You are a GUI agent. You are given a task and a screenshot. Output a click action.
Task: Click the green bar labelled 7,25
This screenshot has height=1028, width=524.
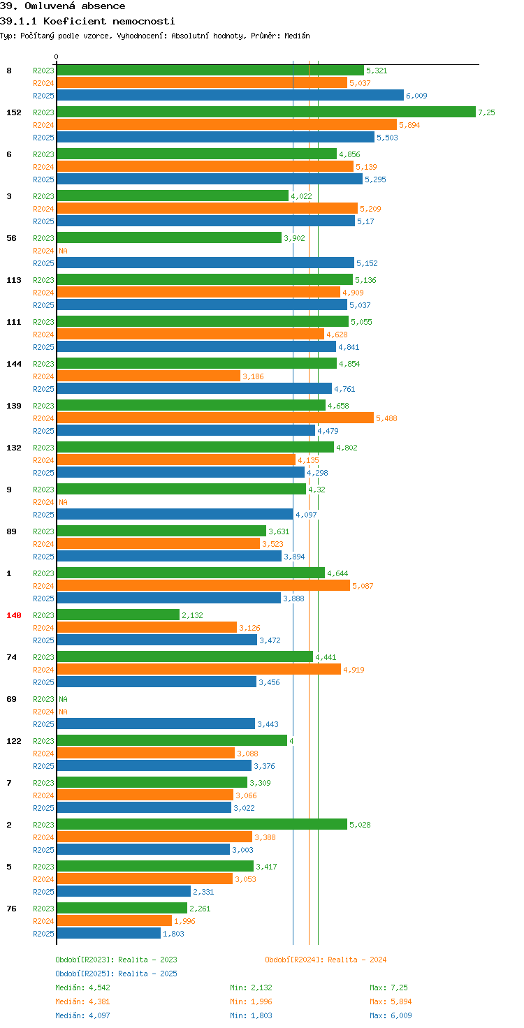tap(266, 112)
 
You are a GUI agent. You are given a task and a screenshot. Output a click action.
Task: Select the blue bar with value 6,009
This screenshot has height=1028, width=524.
tap(230, 96)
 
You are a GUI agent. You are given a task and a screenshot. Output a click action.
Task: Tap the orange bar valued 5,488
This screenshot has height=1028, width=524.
tap(215, 418)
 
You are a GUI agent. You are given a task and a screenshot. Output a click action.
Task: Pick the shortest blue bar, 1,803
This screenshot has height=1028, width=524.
tap(109, 934)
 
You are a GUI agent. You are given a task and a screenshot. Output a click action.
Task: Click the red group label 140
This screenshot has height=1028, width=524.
tap(14, 615)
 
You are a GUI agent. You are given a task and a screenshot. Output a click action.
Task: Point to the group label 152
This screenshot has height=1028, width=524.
tap(14, 112)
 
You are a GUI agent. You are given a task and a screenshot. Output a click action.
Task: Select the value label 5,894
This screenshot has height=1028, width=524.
tap(409, 125)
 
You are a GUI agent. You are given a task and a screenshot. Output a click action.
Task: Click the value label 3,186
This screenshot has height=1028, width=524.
tap(253, 376)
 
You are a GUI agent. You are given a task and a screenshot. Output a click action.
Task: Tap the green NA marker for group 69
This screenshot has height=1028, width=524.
tap(63, 699)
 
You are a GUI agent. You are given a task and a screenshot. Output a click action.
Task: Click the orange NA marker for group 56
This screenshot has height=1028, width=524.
tap(63, 251)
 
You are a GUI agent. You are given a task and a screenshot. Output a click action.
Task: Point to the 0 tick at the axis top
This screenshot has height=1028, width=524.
tap(56, 57)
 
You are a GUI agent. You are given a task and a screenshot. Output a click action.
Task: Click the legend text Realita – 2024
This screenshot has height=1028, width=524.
tap(357, 960)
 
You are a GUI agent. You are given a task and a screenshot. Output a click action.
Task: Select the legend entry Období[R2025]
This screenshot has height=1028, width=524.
tap(85, 974)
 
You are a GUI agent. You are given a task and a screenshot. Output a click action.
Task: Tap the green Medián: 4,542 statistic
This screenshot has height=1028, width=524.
tap(82, 987)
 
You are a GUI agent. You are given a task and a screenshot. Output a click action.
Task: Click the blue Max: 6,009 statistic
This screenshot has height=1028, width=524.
tap(391, 1015)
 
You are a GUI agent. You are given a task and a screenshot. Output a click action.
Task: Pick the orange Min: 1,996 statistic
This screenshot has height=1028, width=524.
tap(251, 1001)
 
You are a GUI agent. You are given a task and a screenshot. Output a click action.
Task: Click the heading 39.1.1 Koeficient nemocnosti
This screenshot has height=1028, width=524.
tap(87, 21)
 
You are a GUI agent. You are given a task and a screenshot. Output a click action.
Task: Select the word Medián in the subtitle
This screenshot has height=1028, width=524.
tap(297, 36)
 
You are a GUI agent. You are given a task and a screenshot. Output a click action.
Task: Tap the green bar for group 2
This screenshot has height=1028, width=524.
tap(202, 824)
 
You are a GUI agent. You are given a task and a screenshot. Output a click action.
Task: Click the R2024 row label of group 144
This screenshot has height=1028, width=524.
tap(43, 376)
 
